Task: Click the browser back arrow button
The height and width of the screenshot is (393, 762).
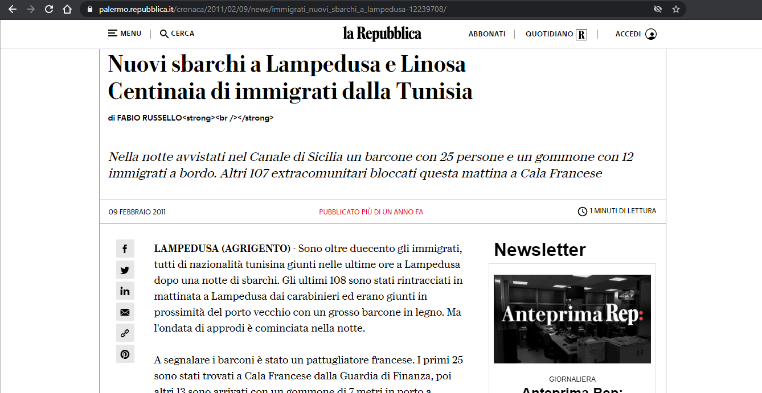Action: [x=12, y=9]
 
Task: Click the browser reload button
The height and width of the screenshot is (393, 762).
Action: [x=49, y=9]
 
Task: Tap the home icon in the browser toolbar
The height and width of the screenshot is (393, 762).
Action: [x=67, y=9]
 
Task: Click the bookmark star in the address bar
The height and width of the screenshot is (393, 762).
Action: [x=676, y=9]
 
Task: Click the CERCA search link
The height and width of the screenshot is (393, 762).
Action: [x=177, y=34]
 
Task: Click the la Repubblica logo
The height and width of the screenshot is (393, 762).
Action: [x=382, y=34]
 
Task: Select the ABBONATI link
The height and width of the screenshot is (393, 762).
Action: [x=487, y=34]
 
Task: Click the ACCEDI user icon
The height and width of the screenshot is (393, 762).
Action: [x=651, y=34]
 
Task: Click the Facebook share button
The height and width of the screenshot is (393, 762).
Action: [x=125, y=249]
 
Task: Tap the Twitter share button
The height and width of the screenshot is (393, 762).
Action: [x=125, y=270]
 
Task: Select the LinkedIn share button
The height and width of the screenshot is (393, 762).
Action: [x=125, y=291]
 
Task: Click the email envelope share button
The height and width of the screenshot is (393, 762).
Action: [x=125, y=312]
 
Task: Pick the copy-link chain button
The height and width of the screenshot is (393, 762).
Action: [x=125, y=333]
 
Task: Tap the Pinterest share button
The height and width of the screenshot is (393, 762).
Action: [x=125, y=354]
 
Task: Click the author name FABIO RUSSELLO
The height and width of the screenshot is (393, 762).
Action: [x=149, y=118]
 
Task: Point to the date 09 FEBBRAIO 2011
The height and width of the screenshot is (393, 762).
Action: [x=137, y=212]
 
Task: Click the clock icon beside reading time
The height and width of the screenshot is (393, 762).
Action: [x=582, y=212]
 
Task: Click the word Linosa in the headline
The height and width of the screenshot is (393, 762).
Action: [x=433, y=64]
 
